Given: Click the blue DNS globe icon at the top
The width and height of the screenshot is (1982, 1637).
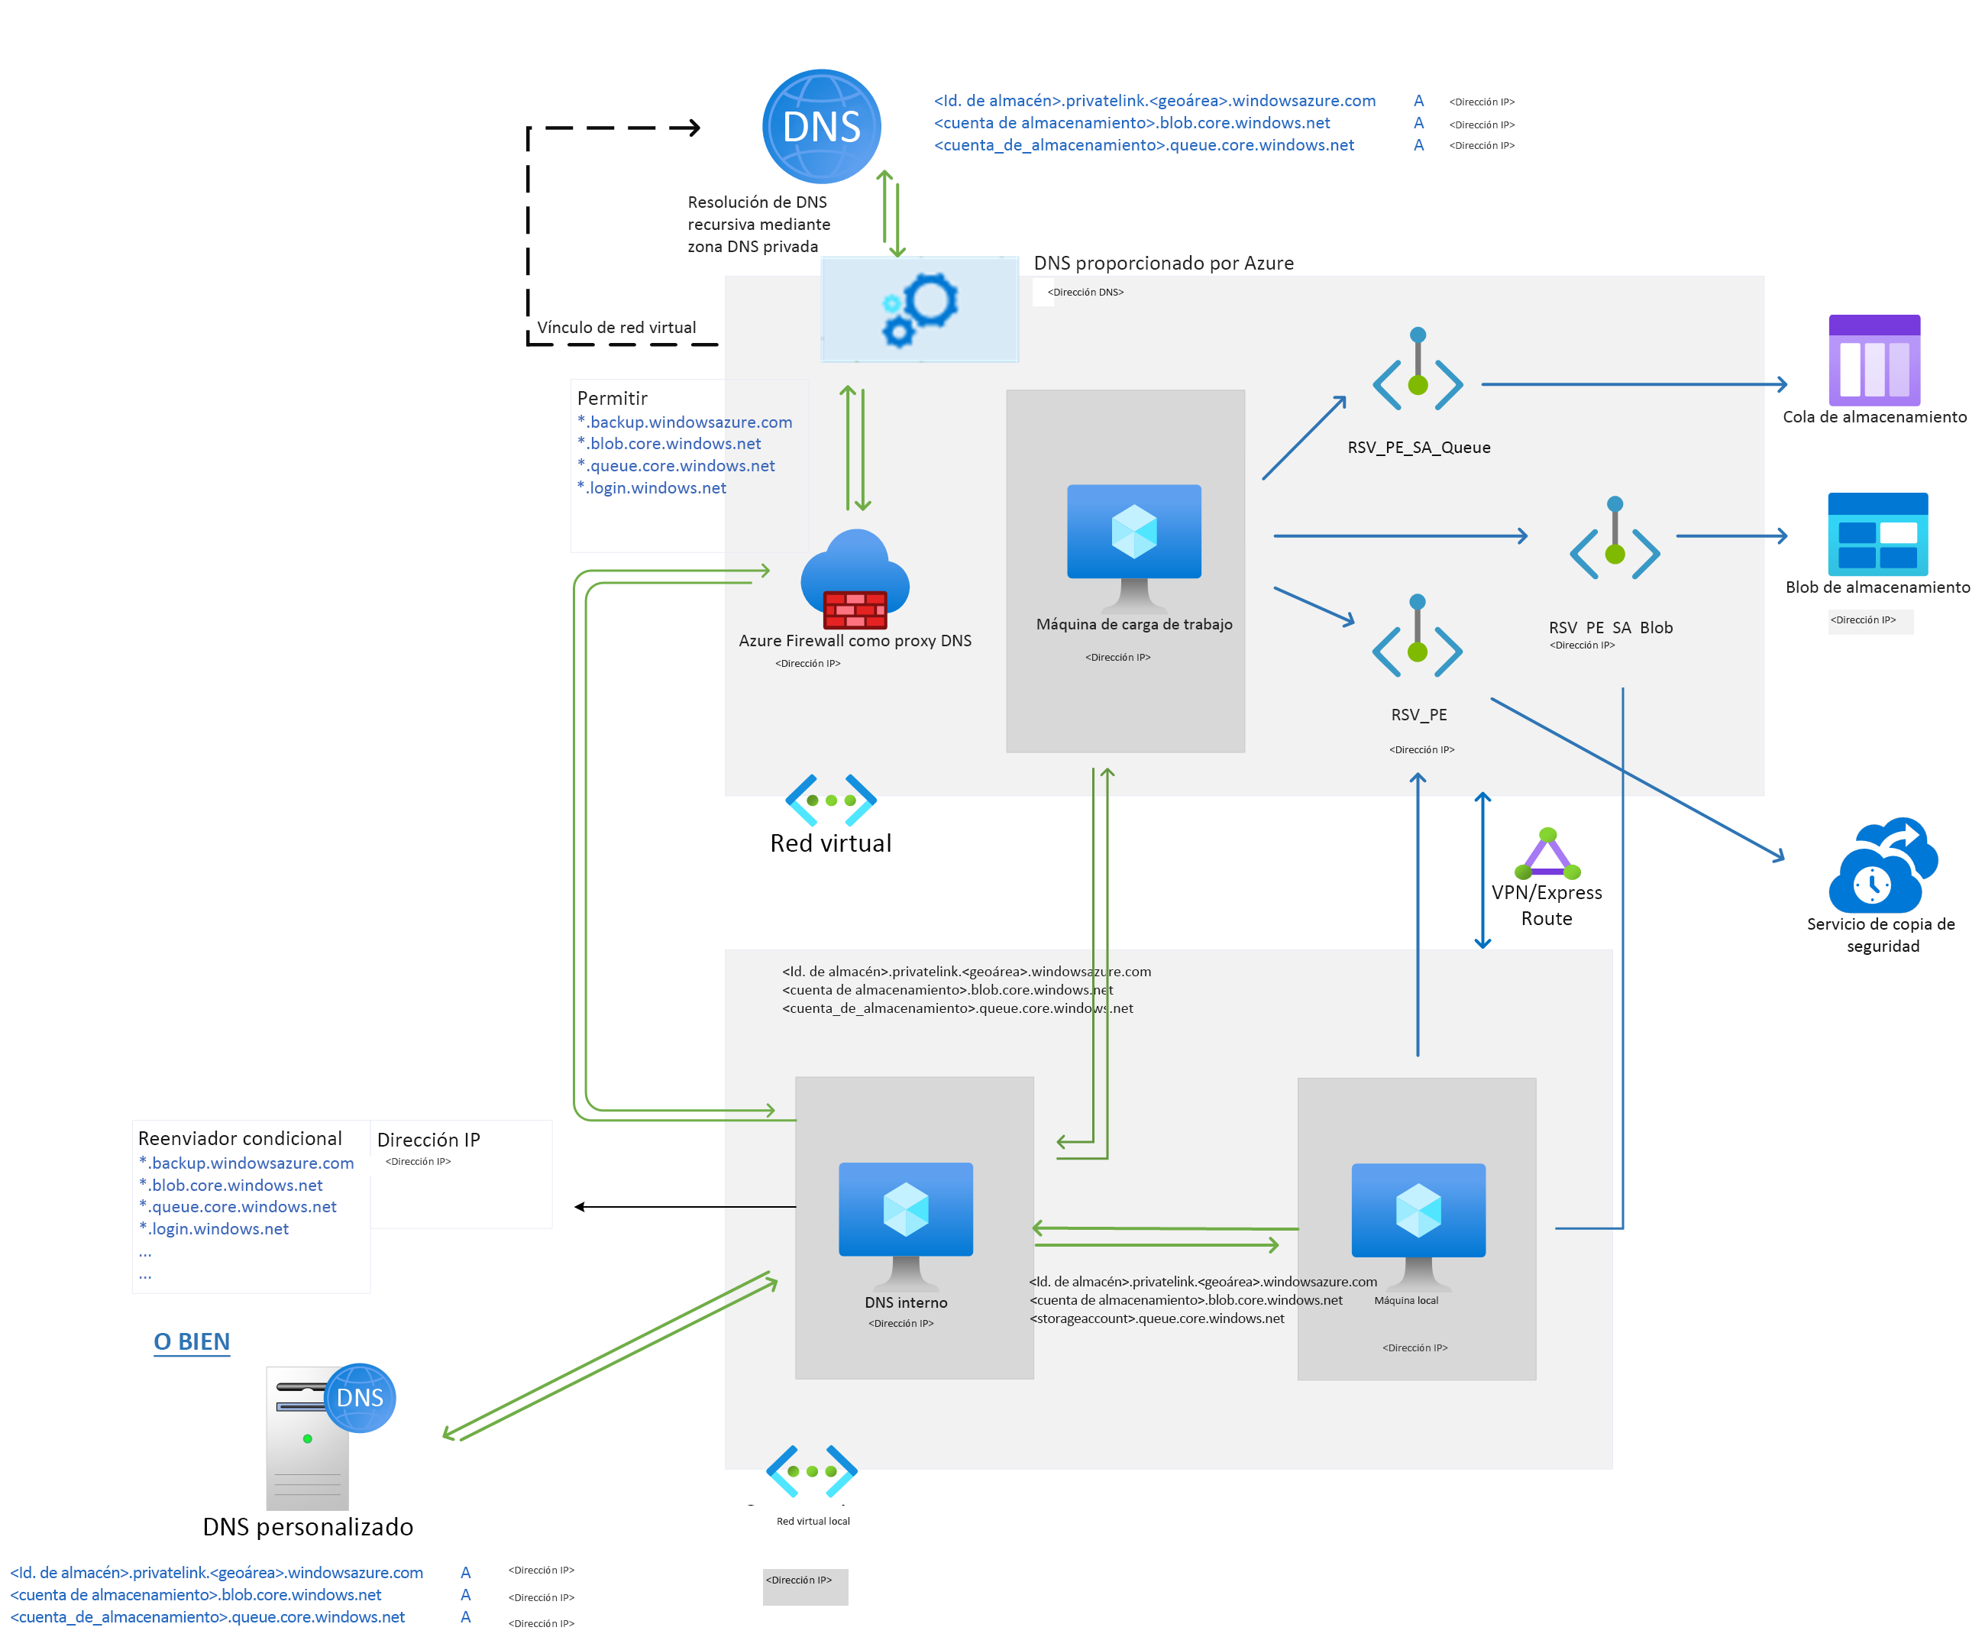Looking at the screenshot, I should pyautogui.click(x=820, y=126).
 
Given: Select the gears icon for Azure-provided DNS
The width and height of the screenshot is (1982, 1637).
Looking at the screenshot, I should pyautogui.click(x=920, y=309).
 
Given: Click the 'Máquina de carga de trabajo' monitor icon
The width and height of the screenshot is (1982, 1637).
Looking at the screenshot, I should pyautogui.click(x=1133, y=545).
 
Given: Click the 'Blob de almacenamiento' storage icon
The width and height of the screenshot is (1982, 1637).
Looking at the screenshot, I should pyautogui.click(x=1877, y=534).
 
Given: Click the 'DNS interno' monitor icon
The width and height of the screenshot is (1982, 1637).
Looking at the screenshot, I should pyautogui.click(x=905, y=1222).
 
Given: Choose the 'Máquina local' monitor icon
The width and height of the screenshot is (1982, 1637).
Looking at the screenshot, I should pyautogui.click(x=1418, y=1223).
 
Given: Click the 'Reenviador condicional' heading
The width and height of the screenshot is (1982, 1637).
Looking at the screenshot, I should pyautogui.click(x=240, y=1138).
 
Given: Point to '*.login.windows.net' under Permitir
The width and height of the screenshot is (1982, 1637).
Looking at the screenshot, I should pyautogui.click(x=652, y=487).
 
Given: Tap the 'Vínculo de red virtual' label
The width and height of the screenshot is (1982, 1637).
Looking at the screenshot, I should pyautogui.click(x=616, y=327).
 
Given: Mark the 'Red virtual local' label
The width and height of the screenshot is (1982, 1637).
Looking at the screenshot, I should pyautogui.click(x=812, y=1521).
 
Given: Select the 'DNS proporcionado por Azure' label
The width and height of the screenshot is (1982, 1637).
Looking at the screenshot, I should pyautogui.click(x=1162, y=263).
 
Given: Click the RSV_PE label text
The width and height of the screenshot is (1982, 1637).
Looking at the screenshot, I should pyautogui.click(x=1418, y=715).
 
